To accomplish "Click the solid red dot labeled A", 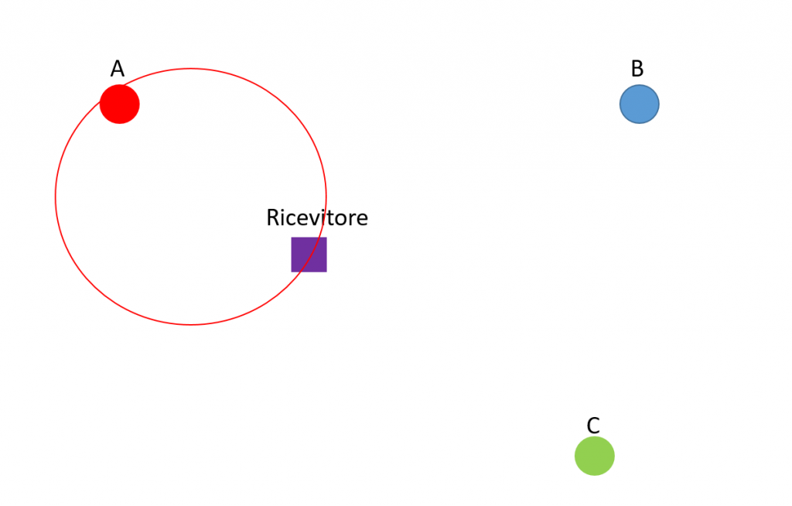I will coord(120,104).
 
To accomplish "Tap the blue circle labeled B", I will coord(640,104).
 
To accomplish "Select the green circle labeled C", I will coord(595,456).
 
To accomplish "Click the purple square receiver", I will coord(309,255).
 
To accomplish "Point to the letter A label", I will coord(118,70).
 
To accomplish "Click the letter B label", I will coord(637,70).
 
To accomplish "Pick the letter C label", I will coord(593,426).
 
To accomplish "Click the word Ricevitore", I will coord(317,218).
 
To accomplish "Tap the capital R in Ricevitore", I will coord(273,218).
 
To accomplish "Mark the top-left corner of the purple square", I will coord(292,238).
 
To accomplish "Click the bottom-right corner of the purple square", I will coord(326,272).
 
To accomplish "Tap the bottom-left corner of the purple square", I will coord(292,272).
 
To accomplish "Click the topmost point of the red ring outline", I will coord(191,69).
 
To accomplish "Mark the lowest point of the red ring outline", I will coord(191,324).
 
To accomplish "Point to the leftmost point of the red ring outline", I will coord(56,197).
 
